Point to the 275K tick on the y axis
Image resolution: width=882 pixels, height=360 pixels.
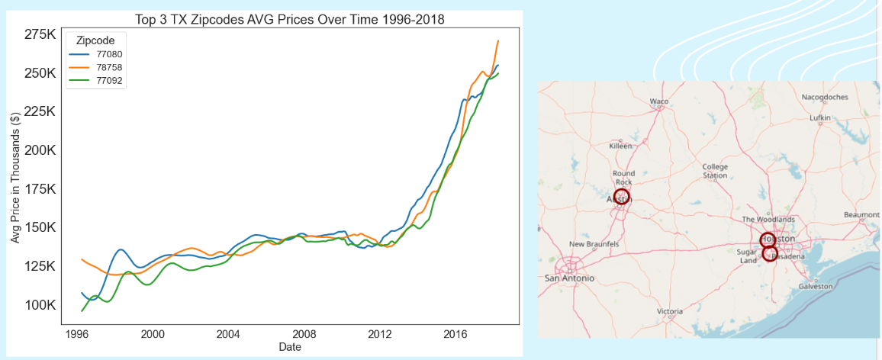pyautogui.click(x=40, y=34)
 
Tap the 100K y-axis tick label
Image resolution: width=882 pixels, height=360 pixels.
pyautogui.click(x=40, y=305)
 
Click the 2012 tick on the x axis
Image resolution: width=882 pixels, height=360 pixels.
pyautogui.click(x=379, y=334)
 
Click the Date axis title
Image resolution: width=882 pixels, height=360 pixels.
pyautogui.click(x=291, y=347)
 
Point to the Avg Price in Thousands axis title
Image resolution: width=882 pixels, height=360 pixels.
pyautogui.click(x=14, y=179)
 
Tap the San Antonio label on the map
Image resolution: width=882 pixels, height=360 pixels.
pyautogui.click(x=569, y=278)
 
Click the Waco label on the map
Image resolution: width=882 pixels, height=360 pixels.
pyautogui.click(x=659, y=101)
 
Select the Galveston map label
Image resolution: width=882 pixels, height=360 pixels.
pyautogui.click(x=816, y=286)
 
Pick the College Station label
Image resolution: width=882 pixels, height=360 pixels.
pyautogui.click(x=715, y=171)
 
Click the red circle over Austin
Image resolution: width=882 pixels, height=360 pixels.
pyautogui.click(x=621, y=197)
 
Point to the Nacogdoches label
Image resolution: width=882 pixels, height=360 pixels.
pyautogui.click(x=825, y=97)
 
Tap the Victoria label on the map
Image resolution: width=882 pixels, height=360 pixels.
pyautogui.click(x=670, y=311)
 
